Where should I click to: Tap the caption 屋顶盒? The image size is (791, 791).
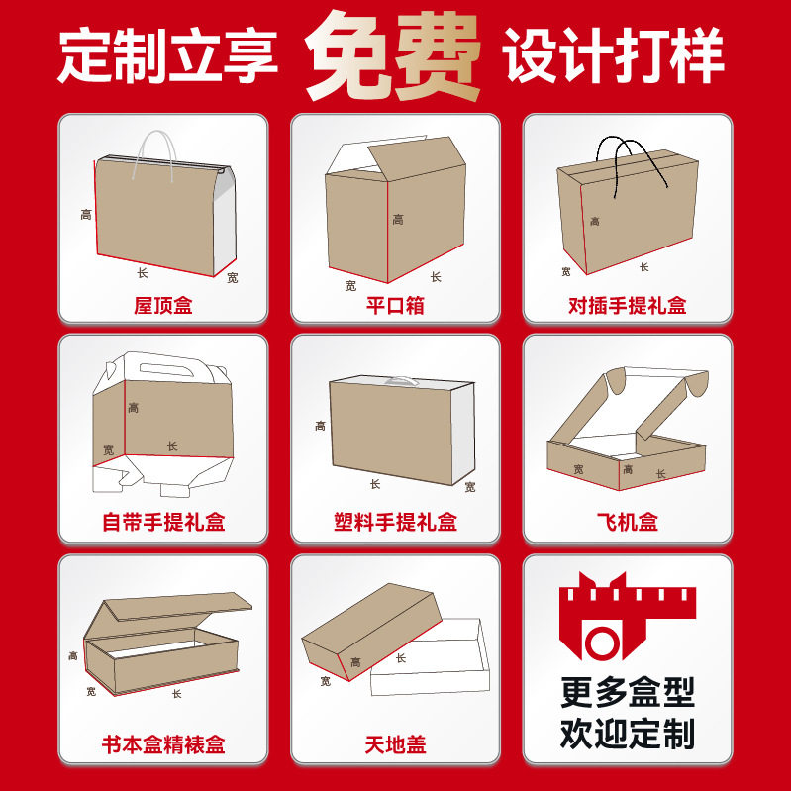click(x=163, y=305)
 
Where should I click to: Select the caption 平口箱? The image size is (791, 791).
click(x=395, y=305)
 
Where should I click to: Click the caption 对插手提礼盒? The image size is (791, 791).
click(x=627, y=305)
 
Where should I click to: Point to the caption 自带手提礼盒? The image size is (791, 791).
click(x=163, y=522)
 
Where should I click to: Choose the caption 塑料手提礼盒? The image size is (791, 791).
click(x=395, y=522)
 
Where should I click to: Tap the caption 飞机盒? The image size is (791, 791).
click(x=627, y=522)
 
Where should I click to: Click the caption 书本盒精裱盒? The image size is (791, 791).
click(x=163, y=743)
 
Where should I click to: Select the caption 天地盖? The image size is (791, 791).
click(x=395, y=743)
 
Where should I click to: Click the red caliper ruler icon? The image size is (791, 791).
click(x=627, y=619)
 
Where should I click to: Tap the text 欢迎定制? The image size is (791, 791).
click(x=627, y=735)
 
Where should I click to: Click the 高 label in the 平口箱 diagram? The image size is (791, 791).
click(x=398, y=220)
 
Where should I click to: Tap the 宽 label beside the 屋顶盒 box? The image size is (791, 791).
click(x=232, y=278)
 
